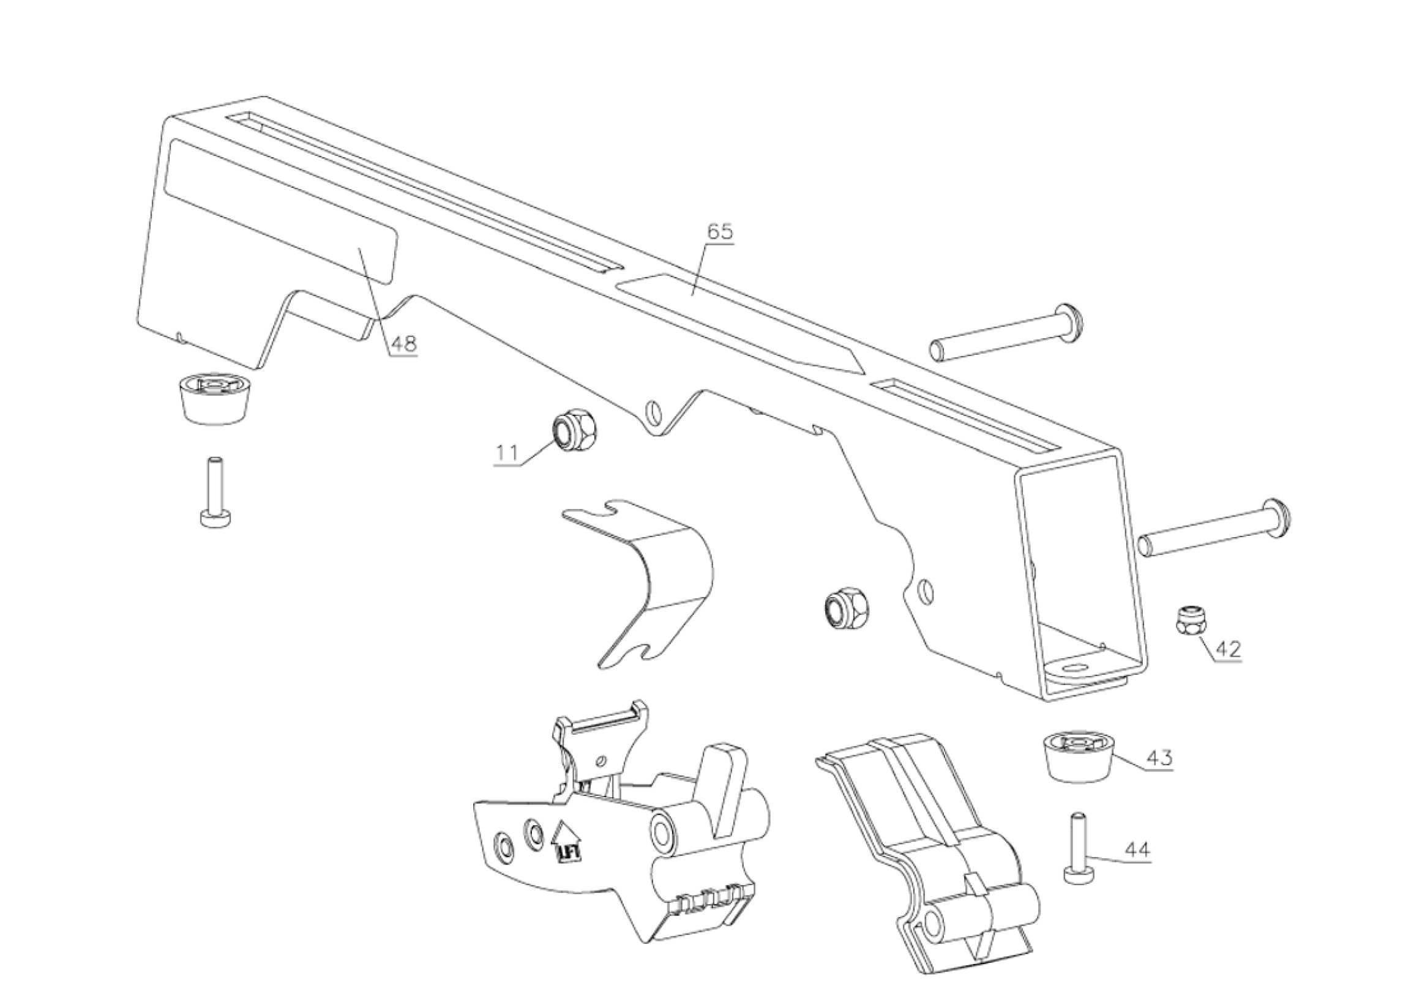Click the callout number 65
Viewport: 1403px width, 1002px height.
pos(720,232)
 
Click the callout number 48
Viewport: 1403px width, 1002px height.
pos(403,343)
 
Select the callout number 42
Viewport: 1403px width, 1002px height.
pos(1228,649)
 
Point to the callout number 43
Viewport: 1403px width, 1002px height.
pos(1158,757)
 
